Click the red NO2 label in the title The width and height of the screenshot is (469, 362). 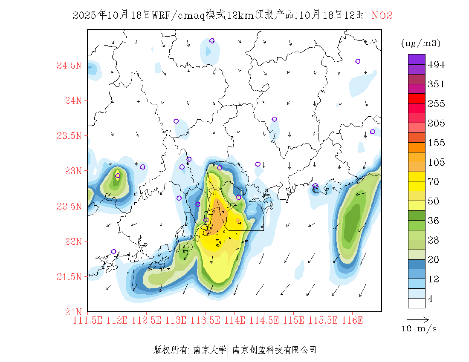tap(382, 16)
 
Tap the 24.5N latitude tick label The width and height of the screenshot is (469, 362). tap(69, 66)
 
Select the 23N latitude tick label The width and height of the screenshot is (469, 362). tap(72, 171)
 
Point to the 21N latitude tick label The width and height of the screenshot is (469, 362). tap(72, 312)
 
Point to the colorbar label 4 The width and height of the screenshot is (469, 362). tap(431, 299)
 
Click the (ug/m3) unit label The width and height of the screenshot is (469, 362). tap(420, 43)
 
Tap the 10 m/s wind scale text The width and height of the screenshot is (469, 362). tap(420, 329)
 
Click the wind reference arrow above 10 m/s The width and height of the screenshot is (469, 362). tap(418, 319)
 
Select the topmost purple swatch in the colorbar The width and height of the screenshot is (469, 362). tap(417, 59)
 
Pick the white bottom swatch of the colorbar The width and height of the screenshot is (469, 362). tap(417, 303)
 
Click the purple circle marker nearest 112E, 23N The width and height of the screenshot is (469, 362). tap(118, 175)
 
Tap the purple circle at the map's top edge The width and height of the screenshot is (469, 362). tap(212, 41)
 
